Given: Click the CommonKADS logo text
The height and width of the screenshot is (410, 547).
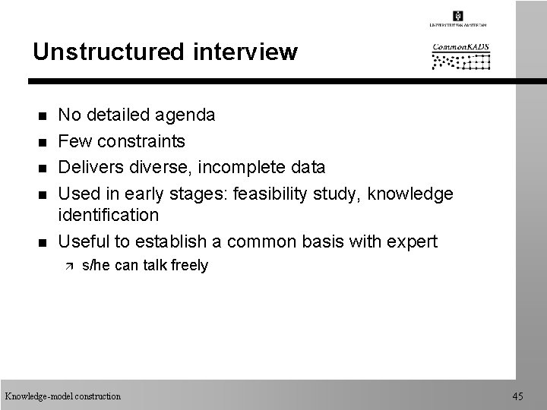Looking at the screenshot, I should pos(461,48).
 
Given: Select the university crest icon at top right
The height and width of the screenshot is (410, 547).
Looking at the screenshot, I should pos(458,15).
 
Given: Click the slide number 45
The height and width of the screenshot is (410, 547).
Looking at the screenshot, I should pos(518,396).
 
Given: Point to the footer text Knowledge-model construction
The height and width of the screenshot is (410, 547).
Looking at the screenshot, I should pos(62,396).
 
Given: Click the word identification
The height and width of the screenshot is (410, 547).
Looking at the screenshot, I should pos(109,216).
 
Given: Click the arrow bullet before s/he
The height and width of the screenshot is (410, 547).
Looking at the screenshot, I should pos(68,266).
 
